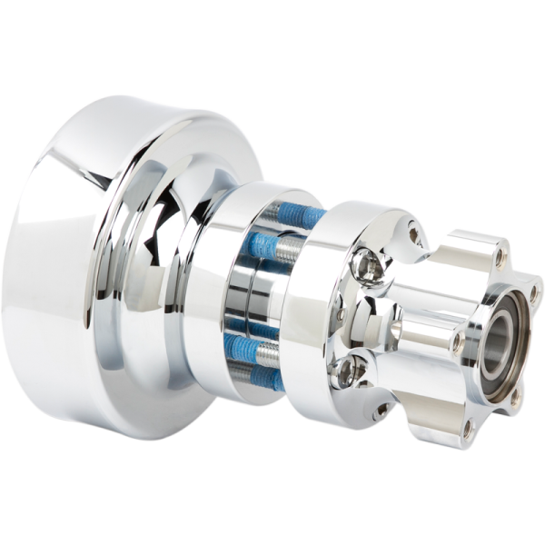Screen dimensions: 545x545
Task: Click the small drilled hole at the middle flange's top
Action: pyautogui.click(x=414, y=235)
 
